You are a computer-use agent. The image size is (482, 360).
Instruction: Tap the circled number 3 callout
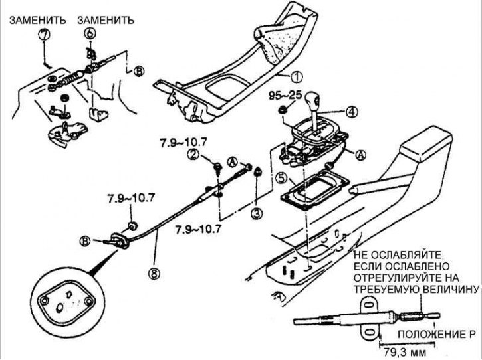[257, 213]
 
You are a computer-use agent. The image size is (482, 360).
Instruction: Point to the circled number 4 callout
[351, 112]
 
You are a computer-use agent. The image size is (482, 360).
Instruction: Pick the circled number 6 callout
[90, 33]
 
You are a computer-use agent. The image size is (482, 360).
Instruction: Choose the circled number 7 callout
[44, 33]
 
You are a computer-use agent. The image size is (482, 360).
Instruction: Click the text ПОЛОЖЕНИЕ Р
[437, 335]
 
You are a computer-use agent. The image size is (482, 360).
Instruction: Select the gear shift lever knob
[312, 100]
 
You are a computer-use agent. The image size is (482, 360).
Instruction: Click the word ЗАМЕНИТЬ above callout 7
[37, 21]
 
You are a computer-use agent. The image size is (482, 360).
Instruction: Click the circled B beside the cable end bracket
[85, 241]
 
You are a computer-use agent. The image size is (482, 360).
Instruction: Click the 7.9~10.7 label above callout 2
[183, 143]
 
